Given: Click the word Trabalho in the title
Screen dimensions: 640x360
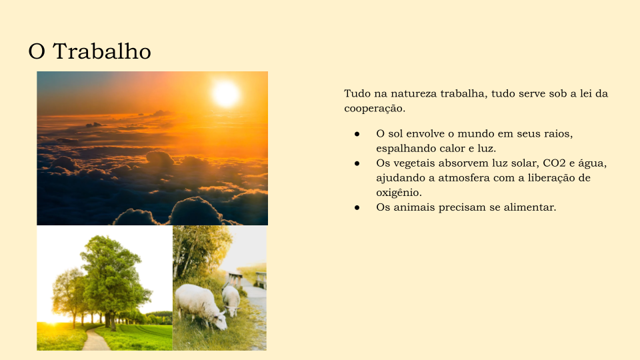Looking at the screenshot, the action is point(101,51).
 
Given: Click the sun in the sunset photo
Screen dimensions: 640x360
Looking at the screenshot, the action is point(226,93).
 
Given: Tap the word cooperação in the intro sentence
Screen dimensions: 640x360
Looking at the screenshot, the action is point(375,109).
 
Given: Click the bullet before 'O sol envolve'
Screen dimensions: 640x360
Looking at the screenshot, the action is point(357,134).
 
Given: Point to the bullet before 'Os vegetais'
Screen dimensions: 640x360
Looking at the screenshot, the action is point(357,163).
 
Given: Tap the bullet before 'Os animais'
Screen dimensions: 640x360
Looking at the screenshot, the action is point(357,207).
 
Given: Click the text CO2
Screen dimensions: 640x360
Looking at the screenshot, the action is point(554,163).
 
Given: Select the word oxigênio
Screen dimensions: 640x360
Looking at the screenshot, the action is point(399,193).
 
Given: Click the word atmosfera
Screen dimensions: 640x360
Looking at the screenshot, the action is point(464,178).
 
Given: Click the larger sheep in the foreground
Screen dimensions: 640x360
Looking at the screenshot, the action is point(201,306).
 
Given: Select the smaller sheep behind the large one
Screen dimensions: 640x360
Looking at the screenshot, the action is point(231,301).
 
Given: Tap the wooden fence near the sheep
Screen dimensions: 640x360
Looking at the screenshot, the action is point(247,280).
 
